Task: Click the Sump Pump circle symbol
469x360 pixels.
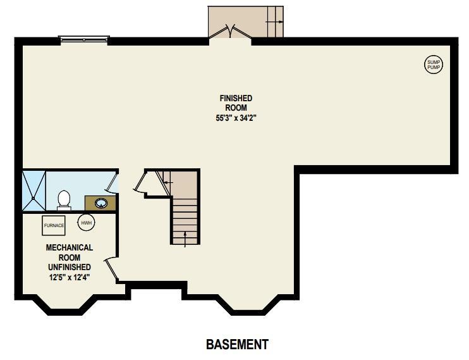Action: point(434,64)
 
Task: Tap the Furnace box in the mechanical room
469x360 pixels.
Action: point(54,225)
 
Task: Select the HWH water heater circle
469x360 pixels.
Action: point(85,223)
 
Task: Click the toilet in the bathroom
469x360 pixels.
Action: point(63,200)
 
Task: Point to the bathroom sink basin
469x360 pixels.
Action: point(100,203)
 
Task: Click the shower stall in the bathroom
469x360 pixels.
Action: point(33,189)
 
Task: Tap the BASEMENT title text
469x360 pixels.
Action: point(237,345)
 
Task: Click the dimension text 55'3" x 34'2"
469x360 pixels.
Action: point(235,117)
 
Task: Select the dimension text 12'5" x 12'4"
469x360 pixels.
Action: point(70,276)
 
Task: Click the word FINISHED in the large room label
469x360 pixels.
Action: point(236,98)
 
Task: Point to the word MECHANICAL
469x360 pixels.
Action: point(70,247)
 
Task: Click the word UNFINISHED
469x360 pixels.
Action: point(70,266)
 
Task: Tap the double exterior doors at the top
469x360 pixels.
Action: point(230,32)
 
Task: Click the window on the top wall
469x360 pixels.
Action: point(83,40)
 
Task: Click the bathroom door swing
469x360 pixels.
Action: point(112,183)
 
